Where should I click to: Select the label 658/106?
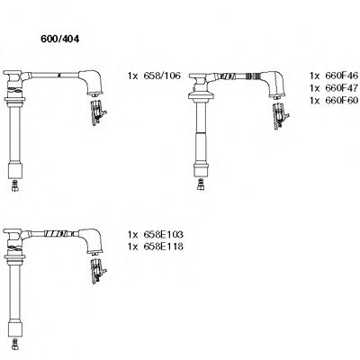pyautogui.click(x=162, y=75)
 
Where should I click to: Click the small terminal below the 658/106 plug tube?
pyautogui.click(x=15, y=187)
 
